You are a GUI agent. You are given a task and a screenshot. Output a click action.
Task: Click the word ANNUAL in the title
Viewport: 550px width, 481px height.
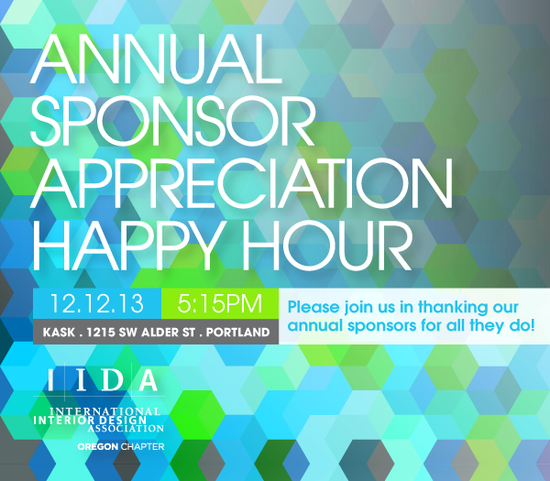(156, 59)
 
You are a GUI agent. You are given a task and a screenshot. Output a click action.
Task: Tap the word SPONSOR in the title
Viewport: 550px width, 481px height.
(172, 121)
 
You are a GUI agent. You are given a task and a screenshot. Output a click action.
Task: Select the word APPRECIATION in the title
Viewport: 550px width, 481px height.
(241, 183)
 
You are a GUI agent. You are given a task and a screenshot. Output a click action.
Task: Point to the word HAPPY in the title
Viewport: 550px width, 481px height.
(128, 246)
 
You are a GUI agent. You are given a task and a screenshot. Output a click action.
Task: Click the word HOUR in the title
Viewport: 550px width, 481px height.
(327, 246)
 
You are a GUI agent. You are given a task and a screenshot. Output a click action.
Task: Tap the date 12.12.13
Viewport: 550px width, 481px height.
(97, 303)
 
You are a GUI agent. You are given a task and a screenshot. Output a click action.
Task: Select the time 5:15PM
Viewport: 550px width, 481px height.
(220, 303)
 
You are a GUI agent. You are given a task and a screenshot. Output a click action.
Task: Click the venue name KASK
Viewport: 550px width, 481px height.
(59, 332)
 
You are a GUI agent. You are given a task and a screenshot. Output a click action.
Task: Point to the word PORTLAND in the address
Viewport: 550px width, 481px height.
(237, 332)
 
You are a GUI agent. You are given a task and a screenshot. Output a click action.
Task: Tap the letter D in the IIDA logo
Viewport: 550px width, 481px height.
(112, 380)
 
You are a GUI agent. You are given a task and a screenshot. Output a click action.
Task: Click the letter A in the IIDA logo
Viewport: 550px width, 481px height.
(148, 380)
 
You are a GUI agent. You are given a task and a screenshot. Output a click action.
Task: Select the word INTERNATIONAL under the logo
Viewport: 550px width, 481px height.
(105, 411)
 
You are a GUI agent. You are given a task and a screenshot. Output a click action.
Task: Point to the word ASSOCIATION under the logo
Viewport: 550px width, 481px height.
(126, 429)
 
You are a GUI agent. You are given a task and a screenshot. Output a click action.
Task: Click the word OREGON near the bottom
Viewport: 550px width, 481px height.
(98, 447)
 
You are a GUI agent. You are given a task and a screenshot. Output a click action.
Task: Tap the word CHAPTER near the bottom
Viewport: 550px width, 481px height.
(142, 447)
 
